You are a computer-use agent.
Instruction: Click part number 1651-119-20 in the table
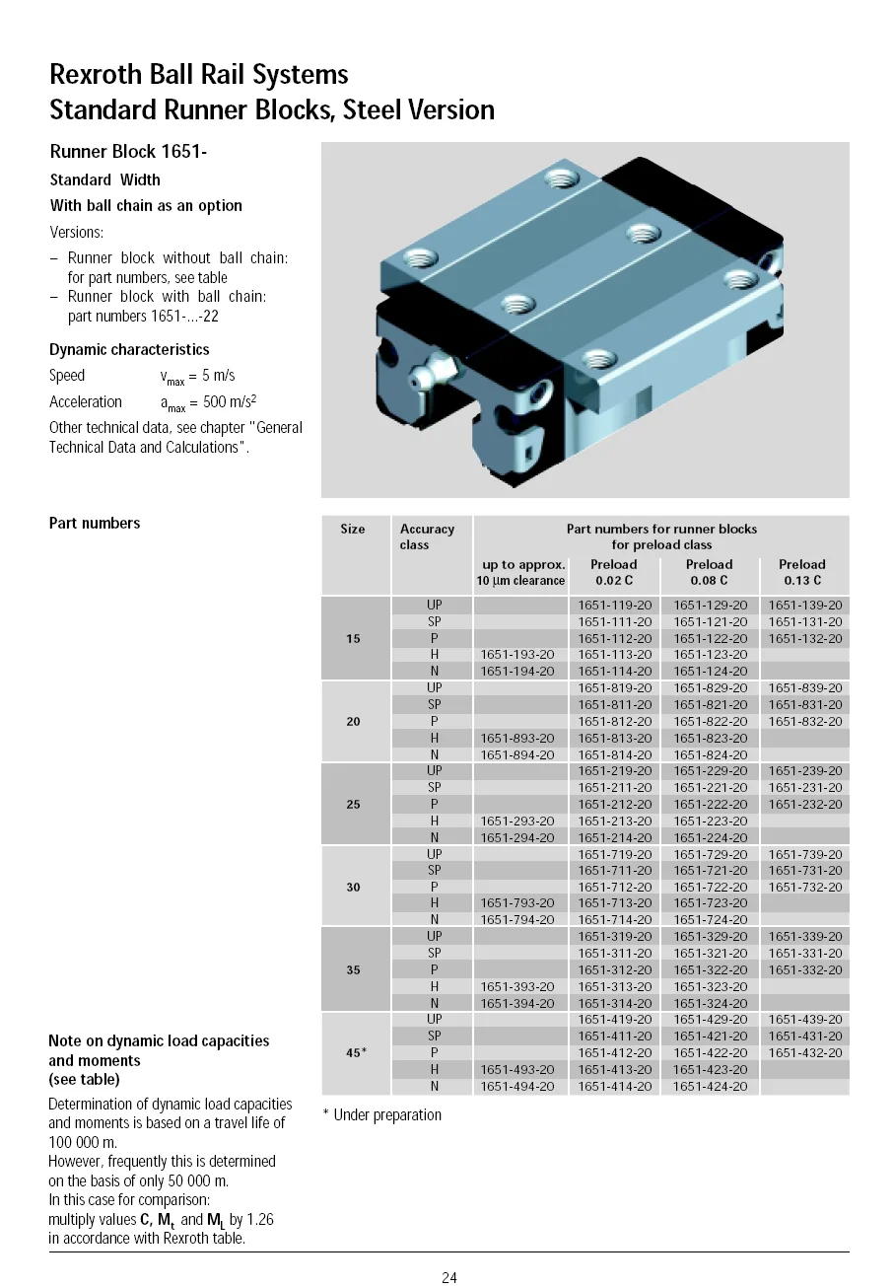pos(614,605)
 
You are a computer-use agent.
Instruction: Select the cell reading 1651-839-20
pos(805,687)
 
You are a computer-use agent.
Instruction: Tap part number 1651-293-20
pos(516,821)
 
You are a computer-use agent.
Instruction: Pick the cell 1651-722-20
pos(710,887)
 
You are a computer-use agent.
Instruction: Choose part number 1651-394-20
pos(516,1003)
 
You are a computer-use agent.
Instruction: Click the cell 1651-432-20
pos(805,1052)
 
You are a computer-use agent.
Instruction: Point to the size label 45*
pos(356,1052)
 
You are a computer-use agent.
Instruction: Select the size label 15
pos(353,638)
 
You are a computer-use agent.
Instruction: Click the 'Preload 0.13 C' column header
pos(802,572)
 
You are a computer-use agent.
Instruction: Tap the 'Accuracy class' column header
pos(427,536)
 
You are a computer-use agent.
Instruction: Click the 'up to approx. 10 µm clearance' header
pos(521,572)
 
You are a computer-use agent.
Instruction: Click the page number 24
pos(448,1278)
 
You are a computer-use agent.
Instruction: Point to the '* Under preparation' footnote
pos(382,1114)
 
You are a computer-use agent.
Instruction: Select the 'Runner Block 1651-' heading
pos(128,151)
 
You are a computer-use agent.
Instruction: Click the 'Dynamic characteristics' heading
pos(129,349)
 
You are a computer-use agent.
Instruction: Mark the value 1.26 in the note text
pos(258,1219)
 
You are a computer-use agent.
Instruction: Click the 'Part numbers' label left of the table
pos(95,523)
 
